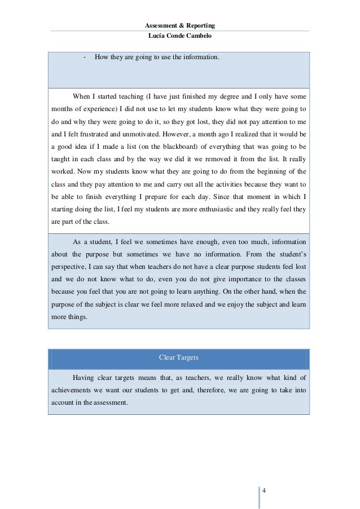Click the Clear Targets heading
click(179, 357)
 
